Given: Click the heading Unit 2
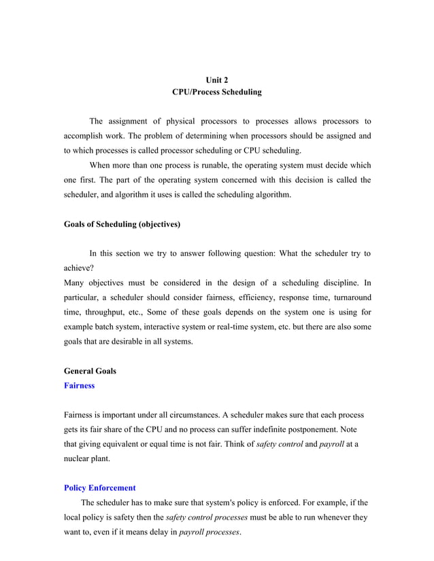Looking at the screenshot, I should click(216, 79).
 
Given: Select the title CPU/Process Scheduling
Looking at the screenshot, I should click(216, 92).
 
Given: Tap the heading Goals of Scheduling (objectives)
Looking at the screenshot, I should click(122, 223).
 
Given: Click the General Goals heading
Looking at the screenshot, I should click(90, 371).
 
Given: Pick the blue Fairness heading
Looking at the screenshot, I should click(79, 386).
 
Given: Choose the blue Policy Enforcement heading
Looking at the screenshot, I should click(99, 488).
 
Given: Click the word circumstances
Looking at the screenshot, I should click(210, 414).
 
